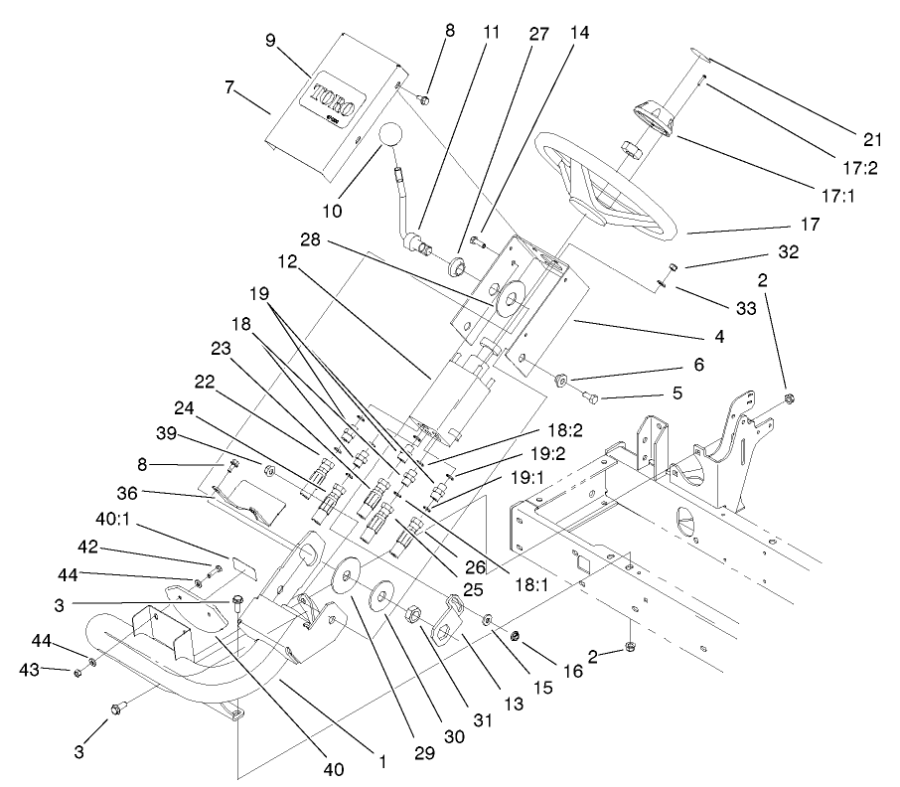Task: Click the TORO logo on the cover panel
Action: pyautogui.click(x=339, y=103)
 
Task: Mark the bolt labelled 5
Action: pyautogui.click(x=591, y=398)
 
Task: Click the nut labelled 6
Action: pyautogui.click(x=559, y=379)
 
